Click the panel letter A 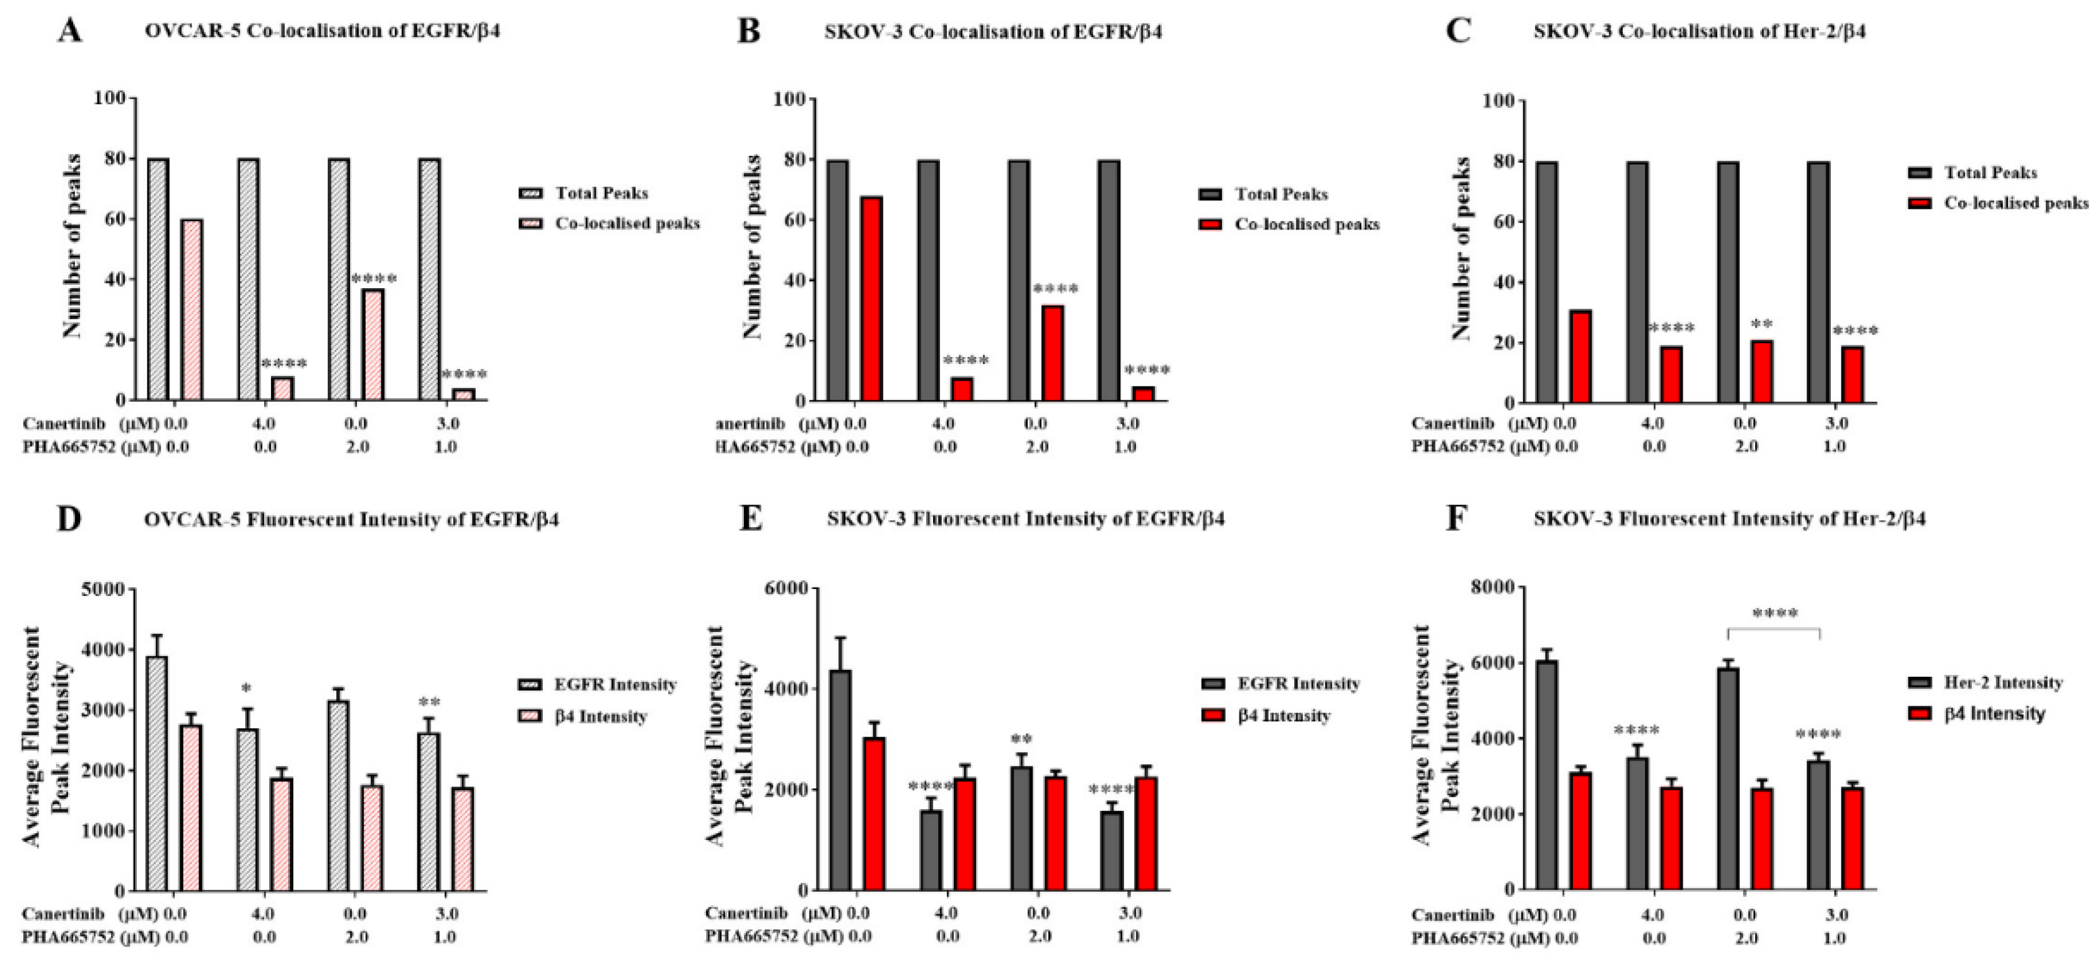70,31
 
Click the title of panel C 1699,32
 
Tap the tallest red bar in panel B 871,298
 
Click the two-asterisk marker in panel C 1761,324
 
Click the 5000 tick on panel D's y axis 103,588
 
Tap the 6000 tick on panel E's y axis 787,588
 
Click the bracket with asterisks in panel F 1774,628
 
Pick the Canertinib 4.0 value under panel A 264,423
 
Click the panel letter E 750,519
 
